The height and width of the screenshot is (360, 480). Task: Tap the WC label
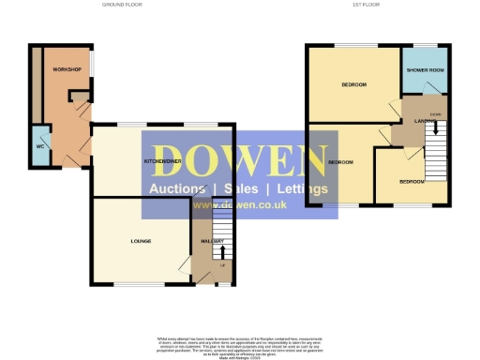39,146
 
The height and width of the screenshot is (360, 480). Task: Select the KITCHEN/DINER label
161,161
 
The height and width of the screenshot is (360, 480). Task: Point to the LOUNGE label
141,241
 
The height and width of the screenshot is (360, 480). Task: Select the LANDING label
412,118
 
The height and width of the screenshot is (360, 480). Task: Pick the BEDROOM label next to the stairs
412,181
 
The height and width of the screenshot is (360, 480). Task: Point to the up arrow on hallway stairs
222,251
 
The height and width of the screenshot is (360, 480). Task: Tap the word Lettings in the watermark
299,188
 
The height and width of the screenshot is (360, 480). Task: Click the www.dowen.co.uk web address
239,205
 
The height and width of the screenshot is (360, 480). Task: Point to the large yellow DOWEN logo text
240,159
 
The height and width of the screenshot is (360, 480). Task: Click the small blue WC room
39,148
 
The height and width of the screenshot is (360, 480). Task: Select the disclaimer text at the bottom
240,343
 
